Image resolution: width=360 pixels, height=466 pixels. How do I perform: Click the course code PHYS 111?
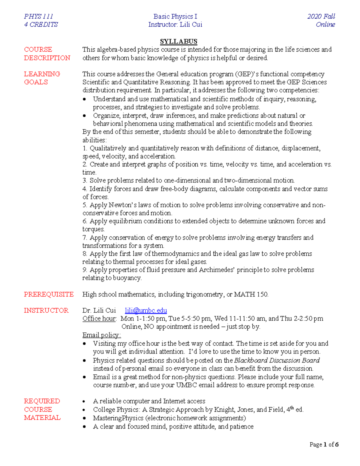click(38, 17)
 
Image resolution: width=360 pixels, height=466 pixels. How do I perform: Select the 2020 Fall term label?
click(321, 17)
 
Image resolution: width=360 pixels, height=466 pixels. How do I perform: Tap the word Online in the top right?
click(325, 25)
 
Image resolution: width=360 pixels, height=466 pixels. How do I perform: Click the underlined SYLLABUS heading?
click(178, 41)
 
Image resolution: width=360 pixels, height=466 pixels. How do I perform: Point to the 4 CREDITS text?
click(41, 25)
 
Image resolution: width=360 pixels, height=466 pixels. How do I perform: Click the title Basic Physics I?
click(175, 17)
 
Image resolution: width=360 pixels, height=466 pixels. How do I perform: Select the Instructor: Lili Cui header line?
click(175, 25)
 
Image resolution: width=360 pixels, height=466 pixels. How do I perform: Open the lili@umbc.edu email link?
click(146, 310)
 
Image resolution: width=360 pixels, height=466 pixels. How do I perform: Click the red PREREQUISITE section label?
click(49, 294)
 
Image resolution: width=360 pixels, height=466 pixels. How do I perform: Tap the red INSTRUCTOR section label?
click(46, 310)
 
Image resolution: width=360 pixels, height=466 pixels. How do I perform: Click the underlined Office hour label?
click(99, 318)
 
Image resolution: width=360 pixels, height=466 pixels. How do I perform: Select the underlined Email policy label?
click(101, 335)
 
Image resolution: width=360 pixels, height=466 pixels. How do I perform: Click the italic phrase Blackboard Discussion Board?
click(277, 360)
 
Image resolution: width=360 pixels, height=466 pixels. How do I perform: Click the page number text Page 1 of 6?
click(324, 444)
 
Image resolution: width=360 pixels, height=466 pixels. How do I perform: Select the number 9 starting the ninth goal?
click(85, 270)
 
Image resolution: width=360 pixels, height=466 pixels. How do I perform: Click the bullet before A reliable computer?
click(85, 401)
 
